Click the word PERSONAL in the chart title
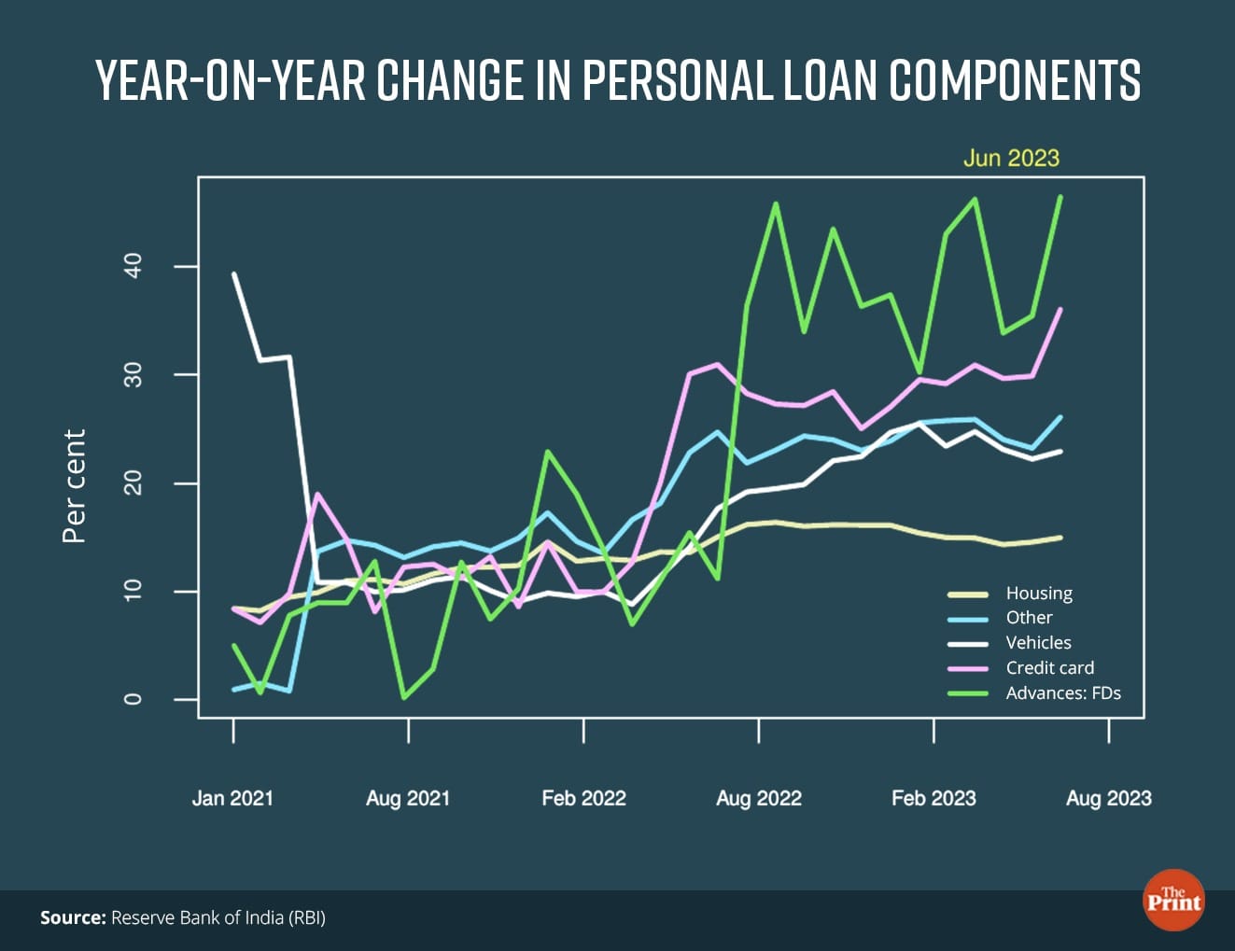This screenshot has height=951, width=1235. tap(678, 80)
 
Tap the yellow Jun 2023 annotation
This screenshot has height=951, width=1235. tap(1011, 158)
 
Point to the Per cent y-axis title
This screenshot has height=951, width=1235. tap(74, 485)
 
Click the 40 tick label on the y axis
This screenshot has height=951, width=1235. tap(133, 267)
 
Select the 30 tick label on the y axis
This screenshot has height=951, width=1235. tap(133, 375)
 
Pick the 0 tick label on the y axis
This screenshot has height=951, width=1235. tap(133, 699)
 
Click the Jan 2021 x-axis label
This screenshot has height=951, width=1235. tap(232, 798)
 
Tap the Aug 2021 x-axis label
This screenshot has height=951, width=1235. tap(408, 798)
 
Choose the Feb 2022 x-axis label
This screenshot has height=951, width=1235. tap(583, 798)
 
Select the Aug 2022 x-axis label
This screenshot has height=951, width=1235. tap(759, 798)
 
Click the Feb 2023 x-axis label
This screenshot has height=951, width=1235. tap(933, 798)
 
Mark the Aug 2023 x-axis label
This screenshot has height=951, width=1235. tap(1109, 798)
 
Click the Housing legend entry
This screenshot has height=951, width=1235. tap(1039, 594)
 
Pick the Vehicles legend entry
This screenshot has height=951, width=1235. tap(1038, 643)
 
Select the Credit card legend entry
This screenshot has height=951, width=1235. tap(1049, 668)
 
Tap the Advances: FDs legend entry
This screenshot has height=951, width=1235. tap(1062, 693)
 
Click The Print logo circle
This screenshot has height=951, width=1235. tap(1173, 901)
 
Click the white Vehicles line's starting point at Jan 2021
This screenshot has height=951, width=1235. tap(233, 273)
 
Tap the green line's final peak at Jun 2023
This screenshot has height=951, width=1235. tap(1060, 197)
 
